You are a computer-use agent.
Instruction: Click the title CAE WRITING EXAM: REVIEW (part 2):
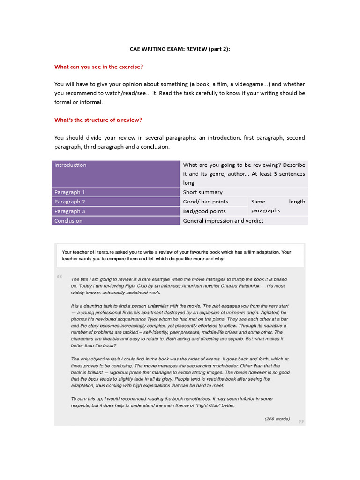tap(180, 49)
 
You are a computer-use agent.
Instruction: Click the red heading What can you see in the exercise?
tap(98, 67)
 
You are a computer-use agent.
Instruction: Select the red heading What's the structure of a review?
tap(98, 120)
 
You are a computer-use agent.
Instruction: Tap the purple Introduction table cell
tap(116, 173)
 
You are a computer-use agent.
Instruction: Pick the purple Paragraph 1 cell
tap(116, 192)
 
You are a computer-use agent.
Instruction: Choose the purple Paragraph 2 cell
tap(116, 202)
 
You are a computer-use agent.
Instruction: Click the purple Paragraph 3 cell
tap(116, 211)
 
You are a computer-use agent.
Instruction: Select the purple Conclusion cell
tap(116, 221)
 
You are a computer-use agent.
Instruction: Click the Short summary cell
tap(244, 192)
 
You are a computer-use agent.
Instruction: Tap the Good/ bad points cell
tap(214, 202)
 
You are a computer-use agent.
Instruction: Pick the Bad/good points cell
tap(214, 211)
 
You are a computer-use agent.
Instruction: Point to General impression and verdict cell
tap(244, 221)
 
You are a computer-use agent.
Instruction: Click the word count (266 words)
tap(277, 419)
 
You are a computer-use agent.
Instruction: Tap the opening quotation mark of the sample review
tap(60, 277)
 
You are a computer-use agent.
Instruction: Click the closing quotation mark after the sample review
tap(300, 421)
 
